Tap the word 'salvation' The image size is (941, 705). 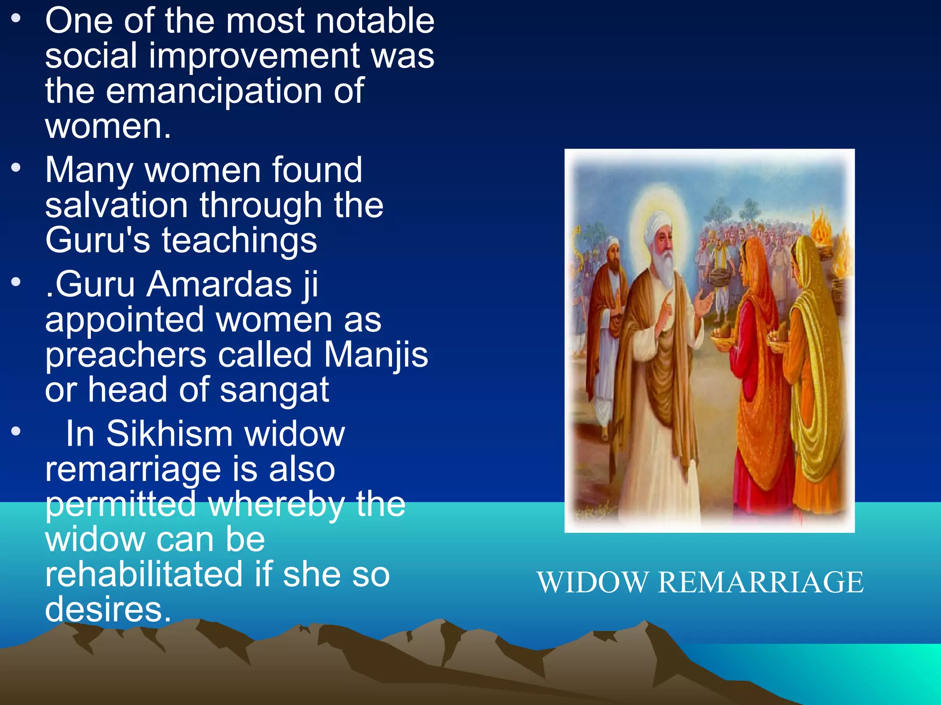pos(116,205)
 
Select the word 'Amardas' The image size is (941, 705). pos(219,285)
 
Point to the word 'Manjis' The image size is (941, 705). pos(375,355)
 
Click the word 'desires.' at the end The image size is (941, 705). pos(108,610)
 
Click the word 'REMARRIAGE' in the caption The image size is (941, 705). pos(760,582)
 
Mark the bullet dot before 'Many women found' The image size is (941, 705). pos(16,167)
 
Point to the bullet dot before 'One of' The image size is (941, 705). pos(16,18)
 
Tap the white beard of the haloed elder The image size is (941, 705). pos(664,266)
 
